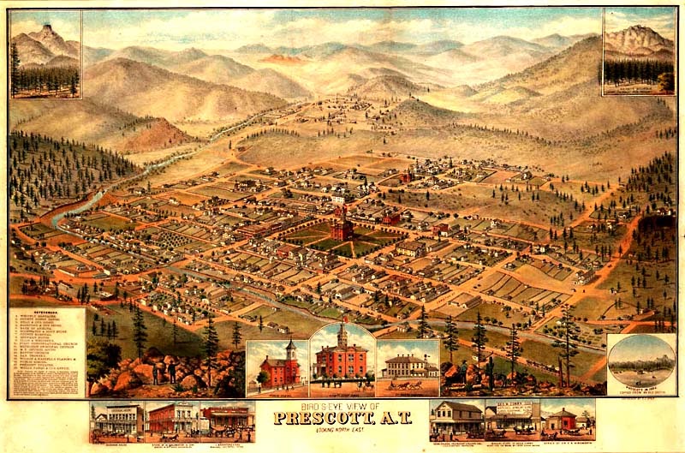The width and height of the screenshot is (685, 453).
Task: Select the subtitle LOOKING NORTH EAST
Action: click(x=342, y=431)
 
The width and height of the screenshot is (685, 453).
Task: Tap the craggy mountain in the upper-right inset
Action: click(x=638, y=39)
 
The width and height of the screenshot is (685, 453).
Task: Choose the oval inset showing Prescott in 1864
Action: click(x=640, y=364)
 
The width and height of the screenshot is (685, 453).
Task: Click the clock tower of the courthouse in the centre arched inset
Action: click(x=342, y=332)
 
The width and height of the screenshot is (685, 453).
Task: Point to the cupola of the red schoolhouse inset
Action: click(x=289, y=347)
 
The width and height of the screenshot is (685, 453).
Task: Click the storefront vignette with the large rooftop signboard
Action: click(x=512, y=417)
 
